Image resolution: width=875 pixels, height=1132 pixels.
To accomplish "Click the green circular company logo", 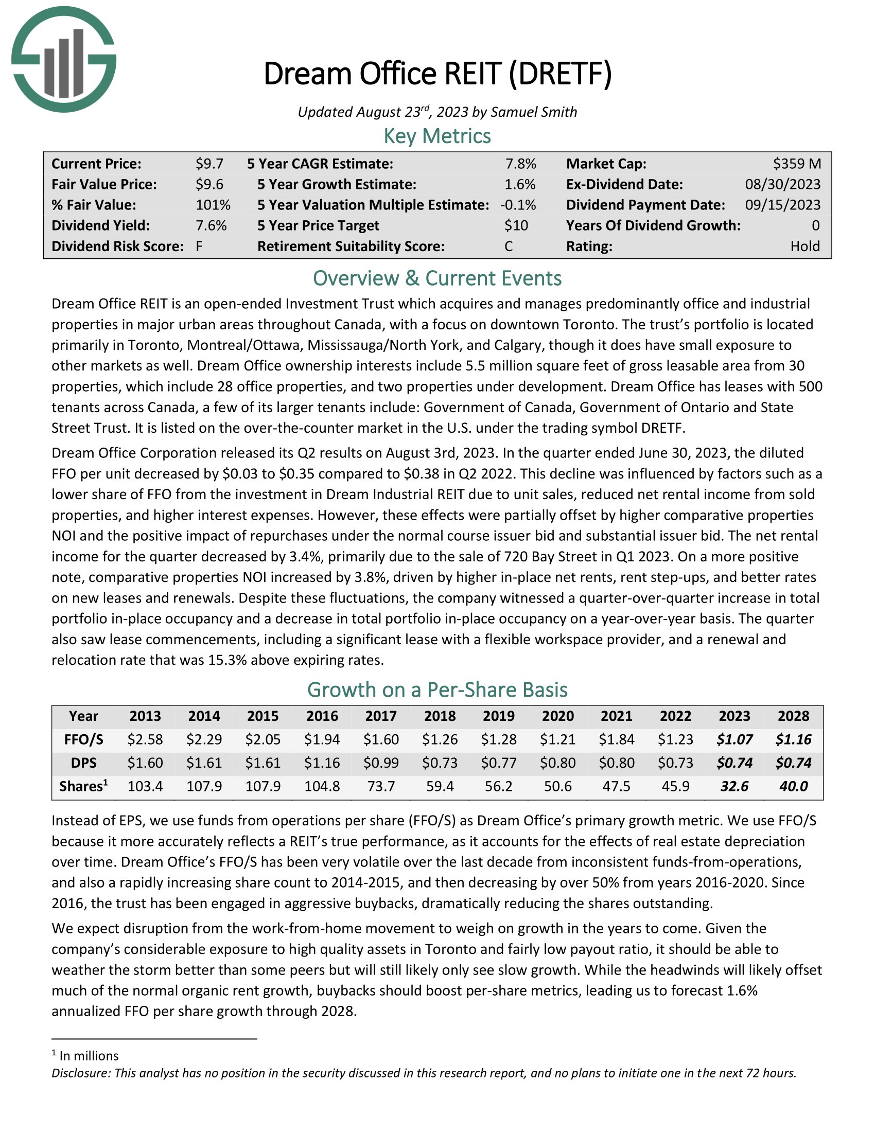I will click(x=64, y=59).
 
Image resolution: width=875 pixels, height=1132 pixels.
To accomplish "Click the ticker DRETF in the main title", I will click(x=559, y=74).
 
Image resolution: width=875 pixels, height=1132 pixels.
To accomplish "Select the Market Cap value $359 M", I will click(x=797, y=164).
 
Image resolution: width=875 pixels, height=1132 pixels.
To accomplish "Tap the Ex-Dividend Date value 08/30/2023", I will click(x=783, y=185).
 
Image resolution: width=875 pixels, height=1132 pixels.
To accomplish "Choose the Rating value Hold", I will click(x=805, y=246).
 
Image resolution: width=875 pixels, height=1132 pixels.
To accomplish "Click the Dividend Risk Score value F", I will click(x=199, y=246).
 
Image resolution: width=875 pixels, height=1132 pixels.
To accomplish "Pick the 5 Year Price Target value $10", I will click(x=516, y=225).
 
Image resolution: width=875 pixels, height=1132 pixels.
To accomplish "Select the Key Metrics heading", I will click(x=437, y=136).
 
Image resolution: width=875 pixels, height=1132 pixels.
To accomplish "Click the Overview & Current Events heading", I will click(x=437, y=278).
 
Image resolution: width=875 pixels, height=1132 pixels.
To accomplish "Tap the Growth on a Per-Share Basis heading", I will click(x=437, y=690).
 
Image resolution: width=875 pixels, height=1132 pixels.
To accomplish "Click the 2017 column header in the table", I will click(x=381, y=716).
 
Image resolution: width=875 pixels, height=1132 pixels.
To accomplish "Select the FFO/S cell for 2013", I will click(x=145, y=739).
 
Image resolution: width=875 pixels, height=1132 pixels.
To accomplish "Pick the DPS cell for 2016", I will click(x=322, y=763).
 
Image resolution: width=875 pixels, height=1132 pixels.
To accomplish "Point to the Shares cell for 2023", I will click(x=734, y=786).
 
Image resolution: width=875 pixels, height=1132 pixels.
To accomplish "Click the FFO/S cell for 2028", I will click(x=793, y=739).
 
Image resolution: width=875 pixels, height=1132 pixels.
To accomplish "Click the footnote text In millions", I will click(x=89, y=1056).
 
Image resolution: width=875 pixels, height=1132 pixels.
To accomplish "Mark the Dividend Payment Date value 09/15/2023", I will click(x=783, y=205).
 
